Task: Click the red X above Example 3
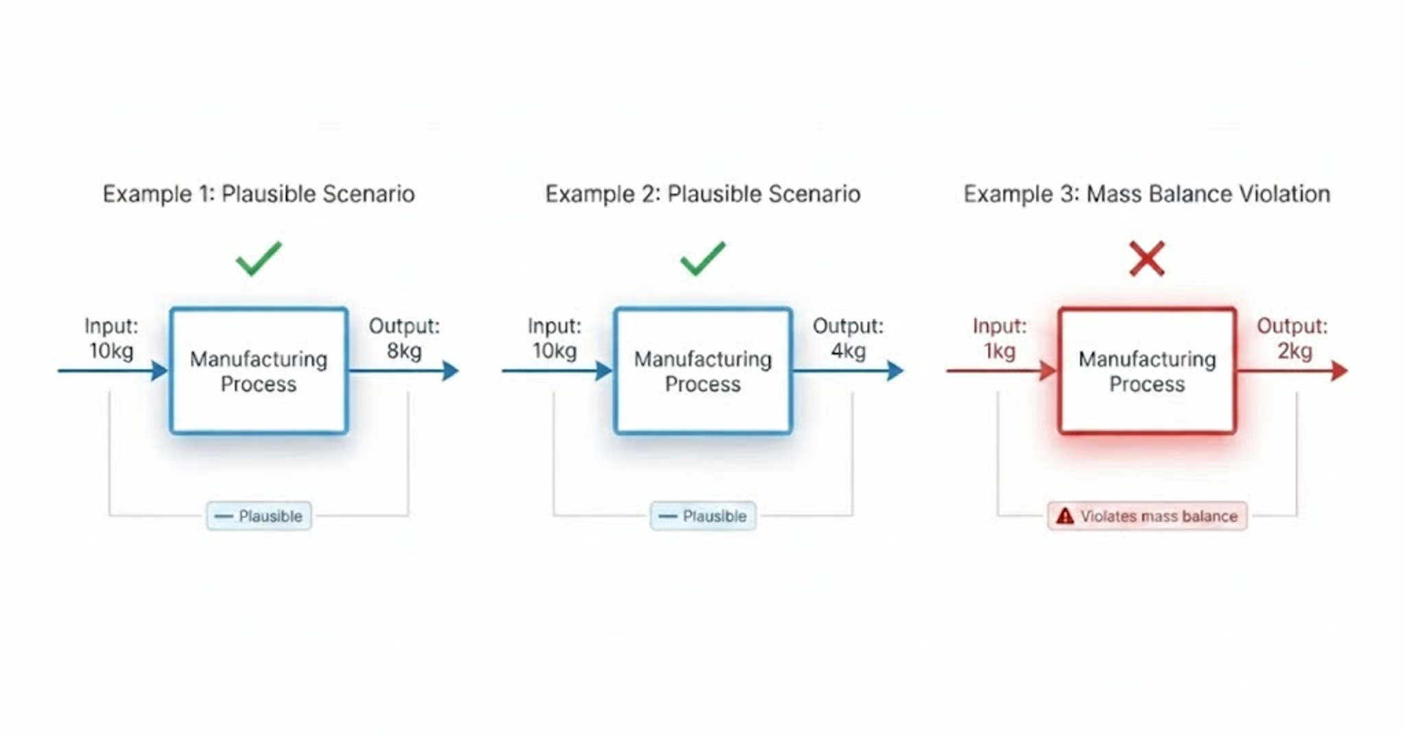tap(1146, 259)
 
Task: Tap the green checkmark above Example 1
tap(258, 259)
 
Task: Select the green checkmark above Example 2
tap(702, 259)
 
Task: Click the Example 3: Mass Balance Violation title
tap(1146, 194)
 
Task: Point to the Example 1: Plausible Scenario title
tap(259, 194)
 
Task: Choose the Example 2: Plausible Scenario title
tap(702, 194)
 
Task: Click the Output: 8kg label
tap(404, 338)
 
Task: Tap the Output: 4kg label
tap(848, 338)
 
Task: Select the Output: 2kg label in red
tap(1292, 338)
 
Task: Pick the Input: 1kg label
tap(1000, 338)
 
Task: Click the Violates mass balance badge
tap(1147, 516)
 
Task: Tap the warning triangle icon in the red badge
tap(1065, 516)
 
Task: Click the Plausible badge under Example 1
tap(259, 516)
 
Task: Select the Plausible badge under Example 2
tap(702, 516)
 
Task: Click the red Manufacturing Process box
tap(1147, 371)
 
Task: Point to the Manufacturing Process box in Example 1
tap(259, 371)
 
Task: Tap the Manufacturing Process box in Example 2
tap(702, 371)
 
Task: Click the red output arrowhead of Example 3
tap(1339, 371)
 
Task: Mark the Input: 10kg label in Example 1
tap(111, 338)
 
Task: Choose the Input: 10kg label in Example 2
tap(554, 338)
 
